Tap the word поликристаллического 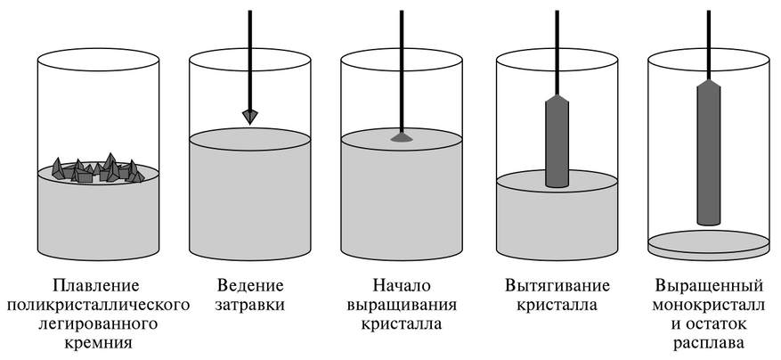click(98, 305)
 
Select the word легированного click(98, 324)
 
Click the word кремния click(98, 344)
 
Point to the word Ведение click(250, 286)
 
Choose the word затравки click(250, 305)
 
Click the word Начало click(402, 286)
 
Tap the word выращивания click(402, 305)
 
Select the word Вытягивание click(557, 286)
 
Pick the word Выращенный click(709, 286)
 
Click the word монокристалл click(709, 305)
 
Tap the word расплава click(709, 344)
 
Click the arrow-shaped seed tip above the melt click(250, 117)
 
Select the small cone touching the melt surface click(402, 137)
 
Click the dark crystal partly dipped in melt click(557, 141)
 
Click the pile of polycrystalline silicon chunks click(98, 169)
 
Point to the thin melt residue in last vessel click(709, 244)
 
